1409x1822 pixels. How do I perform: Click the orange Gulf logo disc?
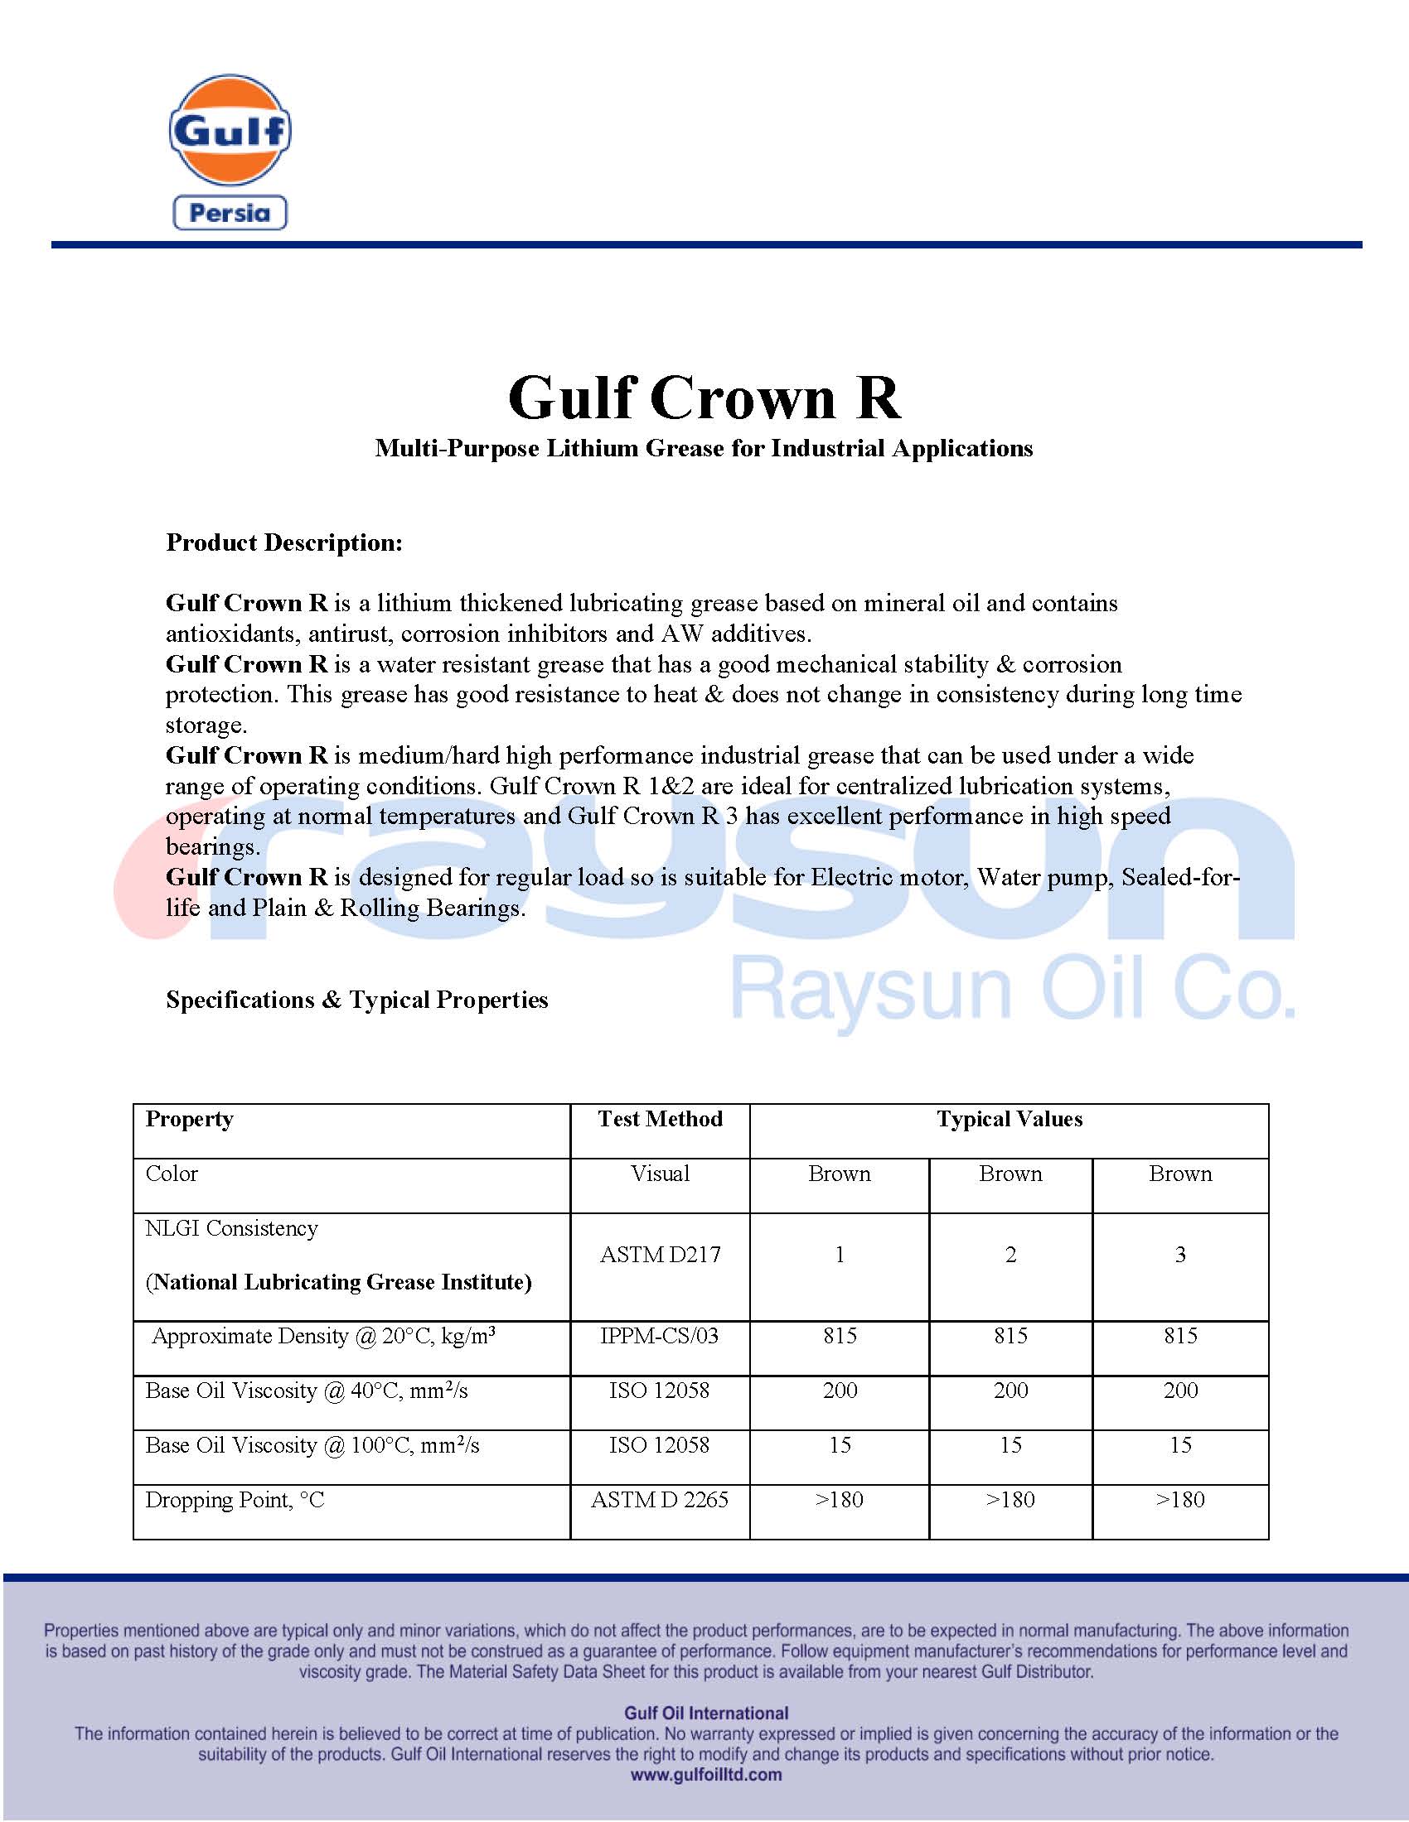(230, 130)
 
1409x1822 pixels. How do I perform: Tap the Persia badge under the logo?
(230, 213)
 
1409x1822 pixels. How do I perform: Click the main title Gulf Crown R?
(704, 398)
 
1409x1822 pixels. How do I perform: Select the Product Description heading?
(283, 543)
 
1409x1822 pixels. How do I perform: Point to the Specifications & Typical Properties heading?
(356, 1000)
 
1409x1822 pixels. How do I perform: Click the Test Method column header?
(660, 1120)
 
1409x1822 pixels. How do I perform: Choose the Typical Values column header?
(1010, 1120)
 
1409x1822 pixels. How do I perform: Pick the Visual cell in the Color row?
(660, 1174)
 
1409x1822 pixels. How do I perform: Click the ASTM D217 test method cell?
(660, 1255)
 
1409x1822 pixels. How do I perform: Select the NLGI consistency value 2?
(1010, 1255)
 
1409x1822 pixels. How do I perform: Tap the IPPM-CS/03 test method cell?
(660, 1336)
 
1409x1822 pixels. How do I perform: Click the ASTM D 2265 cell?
(660, 1500)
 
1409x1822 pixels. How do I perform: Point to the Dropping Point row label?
(235, 1500)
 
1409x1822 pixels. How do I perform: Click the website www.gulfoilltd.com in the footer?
(706, 1776)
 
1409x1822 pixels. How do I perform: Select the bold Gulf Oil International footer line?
(706, 1714)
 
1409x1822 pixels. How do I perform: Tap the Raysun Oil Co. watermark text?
(1013, 991)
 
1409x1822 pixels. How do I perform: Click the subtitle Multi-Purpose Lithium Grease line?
(704, 449)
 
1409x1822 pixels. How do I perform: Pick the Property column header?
(190, 1120)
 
